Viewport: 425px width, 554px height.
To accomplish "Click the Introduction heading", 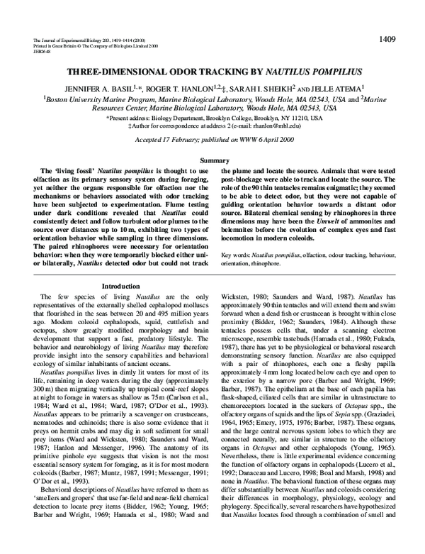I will point(120,286).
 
